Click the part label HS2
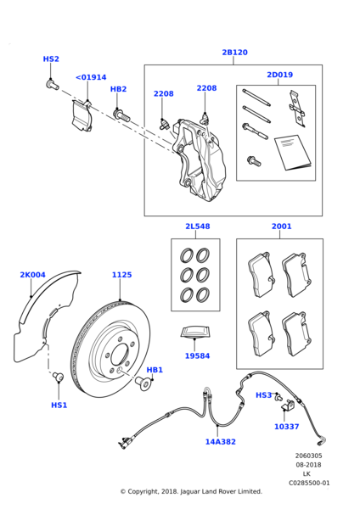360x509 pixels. [x=51, y=59]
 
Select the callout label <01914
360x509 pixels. [x=91, y=77]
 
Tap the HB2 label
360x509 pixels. [x=118, y=89]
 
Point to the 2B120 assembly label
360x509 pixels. [x=234, y=53]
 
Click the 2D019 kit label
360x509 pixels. [x=279, y=75]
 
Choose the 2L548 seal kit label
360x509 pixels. [x=197, y=227]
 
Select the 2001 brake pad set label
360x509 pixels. [x=281, y=227]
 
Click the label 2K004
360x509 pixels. [x=32, y=275]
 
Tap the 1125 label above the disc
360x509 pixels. [x=121, y=275]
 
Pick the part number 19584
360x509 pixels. [x=197, y=356]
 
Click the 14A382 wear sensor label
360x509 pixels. [x=220, y=441]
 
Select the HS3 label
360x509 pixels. [x=264, y=395]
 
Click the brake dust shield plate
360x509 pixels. [x=38, y=331]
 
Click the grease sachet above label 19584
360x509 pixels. [x=197, y=333]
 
